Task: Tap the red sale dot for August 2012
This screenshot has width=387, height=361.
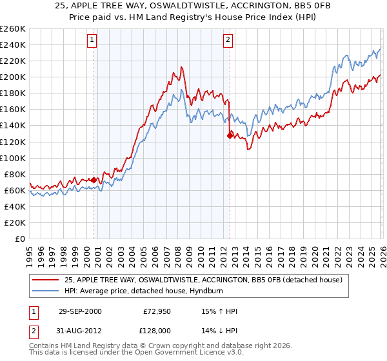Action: point(230,135)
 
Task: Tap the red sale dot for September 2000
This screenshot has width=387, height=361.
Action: point(94,180)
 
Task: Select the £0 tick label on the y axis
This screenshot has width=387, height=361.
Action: point(19,239)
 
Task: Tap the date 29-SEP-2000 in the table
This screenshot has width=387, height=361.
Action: point(77,311)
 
